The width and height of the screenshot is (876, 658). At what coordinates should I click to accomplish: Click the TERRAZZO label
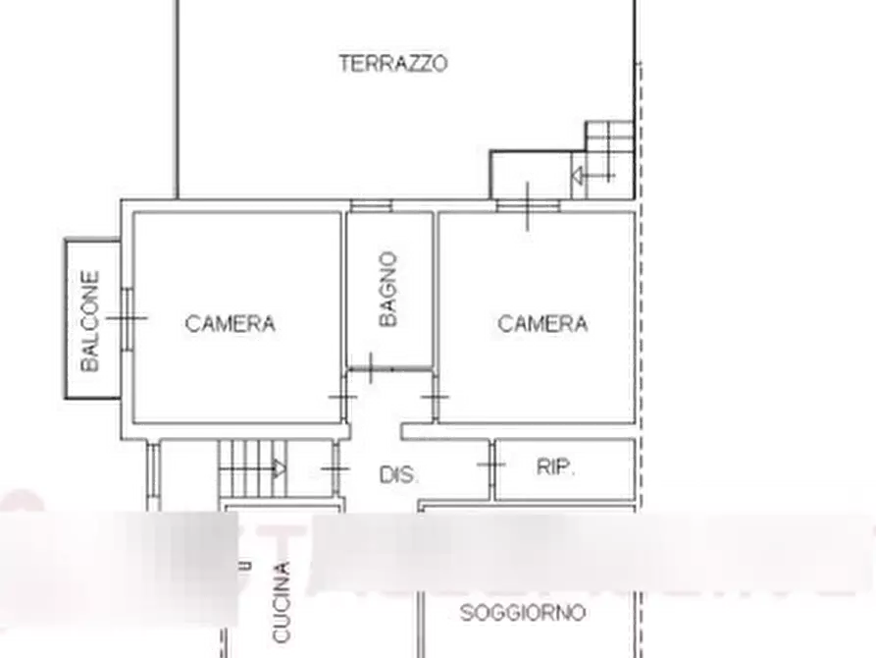[393, 64]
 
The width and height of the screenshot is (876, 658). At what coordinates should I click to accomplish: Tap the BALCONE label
[90, 320]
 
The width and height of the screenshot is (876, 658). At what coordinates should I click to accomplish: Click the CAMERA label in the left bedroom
[231, 322]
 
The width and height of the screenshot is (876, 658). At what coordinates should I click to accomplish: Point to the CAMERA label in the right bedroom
[542, 322]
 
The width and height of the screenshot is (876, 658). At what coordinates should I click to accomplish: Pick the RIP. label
[555, 467]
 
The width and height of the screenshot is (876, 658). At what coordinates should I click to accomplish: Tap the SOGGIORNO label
[523, 614]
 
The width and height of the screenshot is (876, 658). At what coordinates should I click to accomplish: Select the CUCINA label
[282, 601]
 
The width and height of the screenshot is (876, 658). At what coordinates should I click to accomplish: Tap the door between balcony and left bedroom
[127, 317]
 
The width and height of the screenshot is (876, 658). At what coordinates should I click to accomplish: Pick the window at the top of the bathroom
[371, 205]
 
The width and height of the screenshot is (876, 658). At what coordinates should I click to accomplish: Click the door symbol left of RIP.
[490, 465]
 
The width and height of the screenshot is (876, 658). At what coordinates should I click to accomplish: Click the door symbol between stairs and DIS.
[335, 468]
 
